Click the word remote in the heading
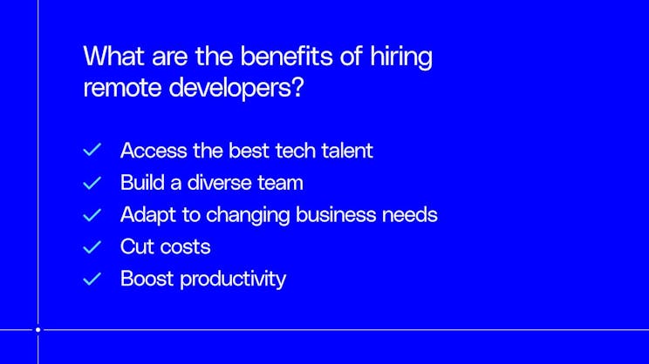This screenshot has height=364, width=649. [x=119, y=88]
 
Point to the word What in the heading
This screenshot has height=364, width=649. [x=110, y=57]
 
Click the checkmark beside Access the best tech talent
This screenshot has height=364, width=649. [x=92, y=151]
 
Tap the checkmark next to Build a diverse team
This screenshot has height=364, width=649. [x=92, y=183]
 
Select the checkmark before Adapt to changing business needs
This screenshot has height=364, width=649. [x=92, y=214]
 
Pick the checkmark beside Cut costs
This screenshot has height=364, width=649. [x=92, y=247]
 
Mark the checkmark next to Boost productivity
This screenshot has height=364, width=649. [x=92, y=280]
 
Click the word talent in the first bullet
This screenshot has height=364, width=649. [x=345, y=151]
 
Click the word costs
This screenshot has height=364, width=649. [x=188, y=246]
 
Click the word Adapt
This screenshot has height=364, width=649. [x=146, y=215]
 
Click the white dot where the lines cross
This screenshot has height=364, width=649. [x=38, y=330]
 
